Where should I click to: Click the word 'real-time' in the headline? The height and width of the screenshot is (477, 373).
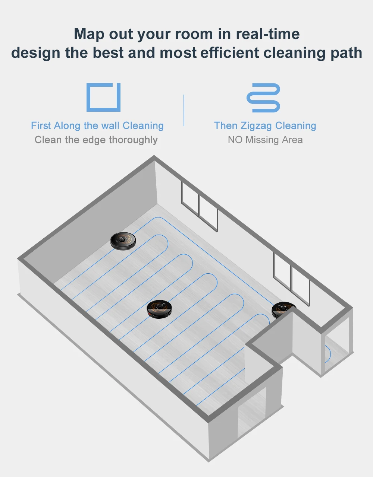click(267, 34)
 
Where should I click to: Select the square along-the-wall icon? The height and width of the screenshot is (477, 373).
click(104, 97)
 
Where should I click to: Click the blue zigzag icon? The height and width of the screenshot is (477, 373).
click(263, 98)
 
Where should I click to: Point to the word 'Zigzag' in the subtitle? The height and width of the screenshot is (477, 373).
click(256, 126)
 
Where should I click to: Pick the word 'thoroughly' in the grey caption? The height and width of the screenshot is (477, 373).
click(133, 140)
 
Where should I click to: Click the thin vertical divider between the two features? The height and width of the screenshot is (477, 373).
click(184, 111)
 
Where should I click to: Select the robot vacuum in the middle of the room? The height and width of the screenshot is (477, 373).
click(159, 309)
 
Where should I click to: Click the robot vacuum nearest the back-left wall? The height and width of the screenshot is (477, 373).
click(123, 241)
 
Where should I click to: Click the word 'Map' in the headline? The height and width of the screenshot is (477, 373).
click(89, 34)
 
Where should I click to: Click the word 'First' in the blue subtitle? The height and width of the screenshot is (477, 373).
click(41, 125)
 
